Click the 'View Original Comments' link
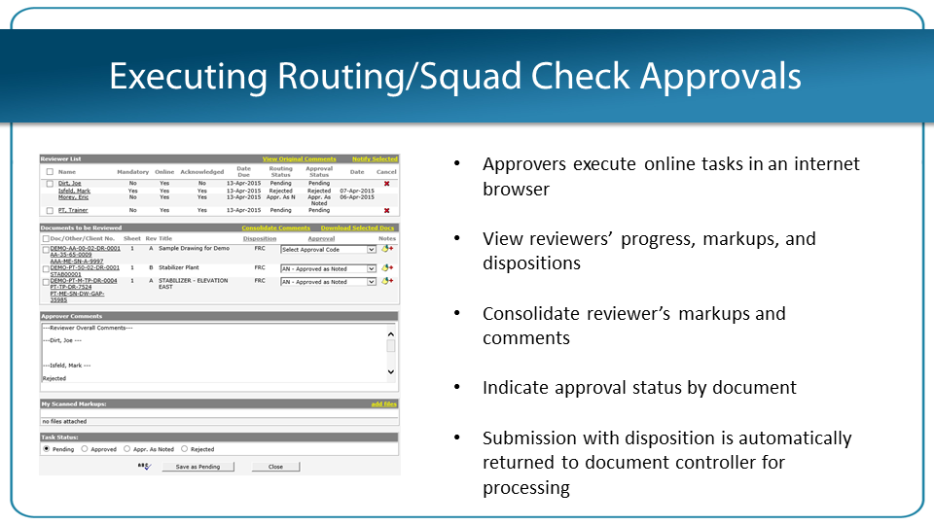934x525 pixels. click(299, 159)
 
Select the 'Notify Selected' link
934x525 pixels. click(375, 159)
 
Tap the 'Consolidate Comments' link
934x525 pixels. click(275, 227)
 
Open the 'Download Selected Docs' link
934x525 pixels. click(357, 227)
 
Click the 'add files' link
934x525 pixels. click(383, 403)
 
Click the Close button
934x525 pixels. click(275, 467)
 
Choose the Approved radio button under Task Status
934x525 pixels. click(85, 449)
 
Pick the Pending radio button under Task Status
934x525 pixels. click(46, 449)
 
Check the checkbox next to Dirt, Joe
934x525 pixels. click(49, 183)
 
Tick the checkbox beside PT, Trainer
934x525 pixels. click(49, 210)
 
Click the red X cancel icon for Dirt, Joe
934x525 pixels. click(386, 183)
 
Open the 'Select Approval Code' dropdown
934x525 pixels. click(328, 250)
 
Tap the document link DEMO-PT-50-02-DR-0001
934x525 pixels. click(85, 267)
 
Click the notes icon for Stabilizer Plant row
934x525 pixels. click(387, 266)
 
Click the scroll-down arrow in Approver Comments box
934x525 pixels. click(391, 371)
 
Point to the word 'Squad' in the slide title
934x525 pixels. click(464, 76)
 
